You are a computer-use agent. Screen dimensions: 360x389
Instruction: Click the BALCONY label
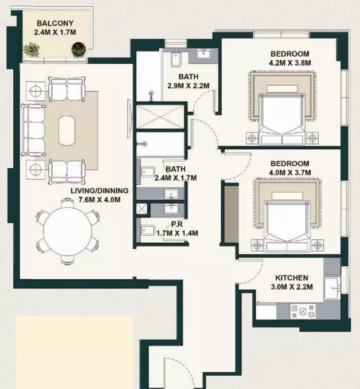point(55,23)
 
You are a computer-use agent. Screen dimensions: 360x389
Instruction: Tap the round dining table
point(68,231)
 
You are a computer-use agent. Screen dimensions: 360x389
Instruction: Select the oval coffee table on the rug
point(66,130)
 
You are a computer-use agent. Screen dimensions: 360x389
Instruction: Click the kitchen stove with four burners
point(303,311)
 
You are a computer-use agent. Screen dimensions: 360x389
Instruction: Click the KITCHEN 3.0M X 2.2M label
point(292,282)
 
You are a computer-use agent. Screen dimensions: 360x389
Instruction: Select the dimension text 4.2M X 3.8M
point(290,63)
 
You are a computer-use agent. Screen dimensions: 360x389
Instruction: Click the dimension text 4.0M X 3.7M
point(290,173)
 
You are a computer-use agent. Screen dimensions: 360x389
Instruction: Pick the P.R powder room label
point(177,224)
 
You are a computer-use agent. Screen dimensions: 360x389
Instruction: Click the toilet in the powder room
point(147,230)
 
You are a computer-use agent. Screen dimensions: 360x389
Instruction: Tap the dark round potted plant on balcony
point(79,49)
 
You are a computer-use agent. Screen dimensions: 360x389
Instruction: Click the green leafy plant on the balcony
point(32,49)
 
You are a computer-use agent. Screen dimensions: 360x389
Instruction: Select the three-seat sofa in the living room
point(33,130)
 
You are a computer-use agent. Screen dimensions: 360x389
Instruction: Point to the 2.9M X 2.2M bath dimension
point(189,86)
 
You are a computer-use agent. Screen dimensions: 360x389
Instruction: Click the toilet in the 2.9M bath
point(176,59)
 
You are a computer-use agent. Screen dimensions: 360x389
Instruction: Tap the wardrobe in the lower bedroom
point(231,213)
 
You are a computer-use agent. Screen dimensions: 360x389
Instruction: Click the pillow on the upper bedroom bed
point(282,89)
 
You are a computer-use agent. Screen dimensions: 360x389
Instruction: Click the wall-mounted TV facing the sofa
point(128,119)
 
